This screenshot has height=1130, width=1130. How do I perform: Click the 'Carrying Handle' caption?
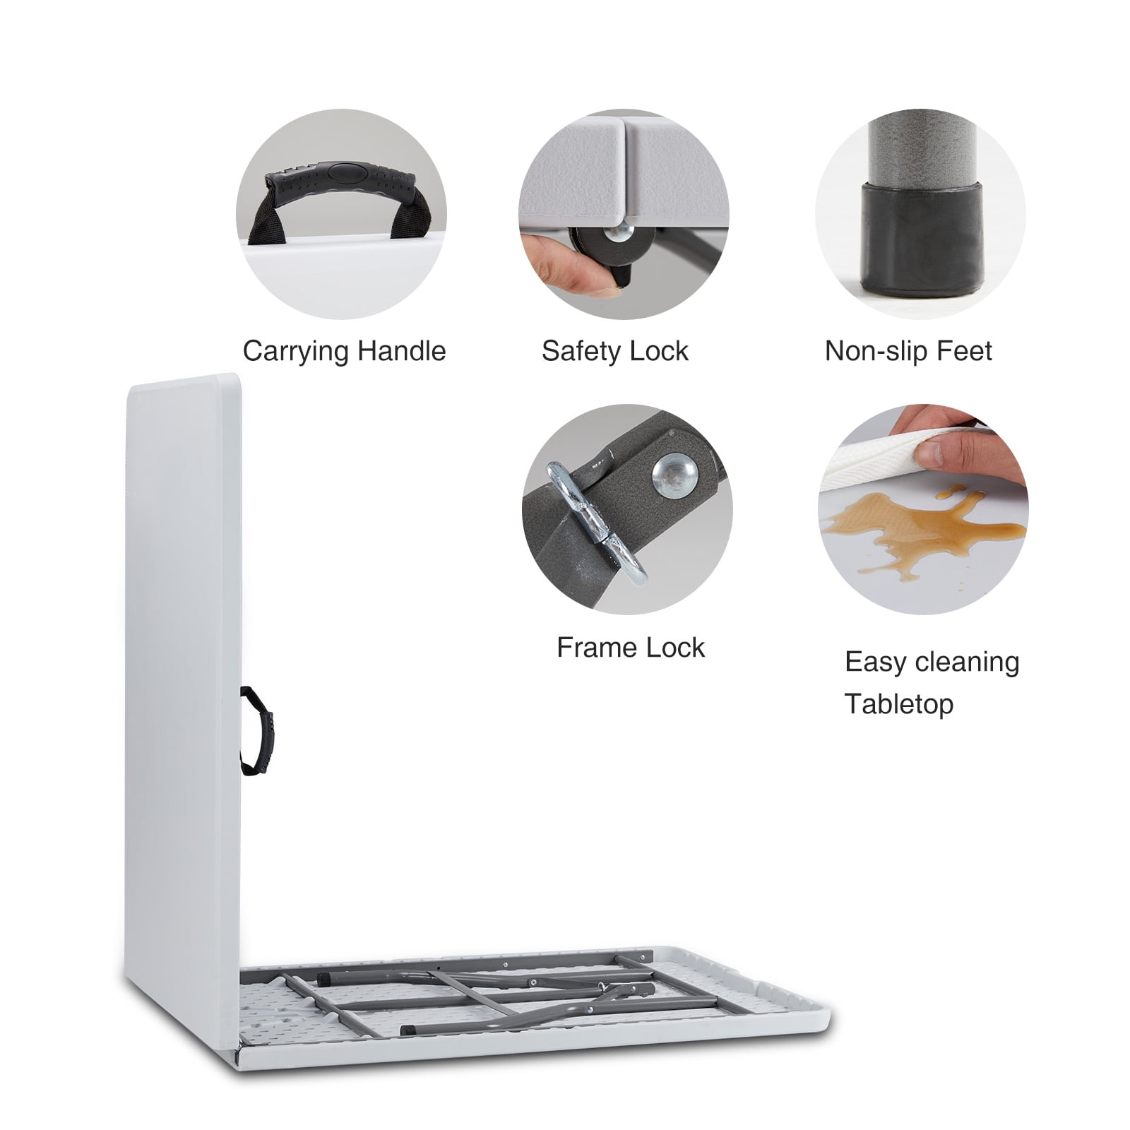[x=344, y=352]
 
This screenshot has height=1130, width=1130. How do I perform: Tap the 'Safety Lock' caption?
[x=615, y=351]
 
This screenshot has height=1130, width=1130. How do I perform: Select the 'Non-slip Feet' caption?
[x=908, y=351]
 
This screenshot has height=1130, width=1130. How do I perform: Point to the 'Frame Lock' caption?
[x=631, y=648]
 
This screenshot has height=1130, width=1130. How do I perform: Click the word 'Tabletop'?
[x=899, y=704]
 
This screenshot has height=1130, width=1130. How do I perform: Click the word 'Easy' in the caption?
[x=873, y=663]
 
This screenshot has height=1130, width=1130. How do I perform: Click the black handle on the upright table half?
[x=257, y=731]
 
